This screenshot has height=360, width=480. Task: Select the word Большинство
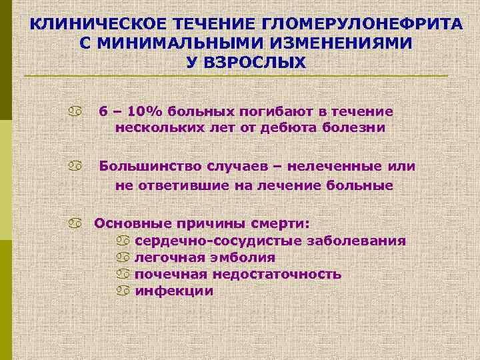pos(149,166)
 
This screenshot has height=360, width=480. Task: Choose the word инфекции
pos(174,291)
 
